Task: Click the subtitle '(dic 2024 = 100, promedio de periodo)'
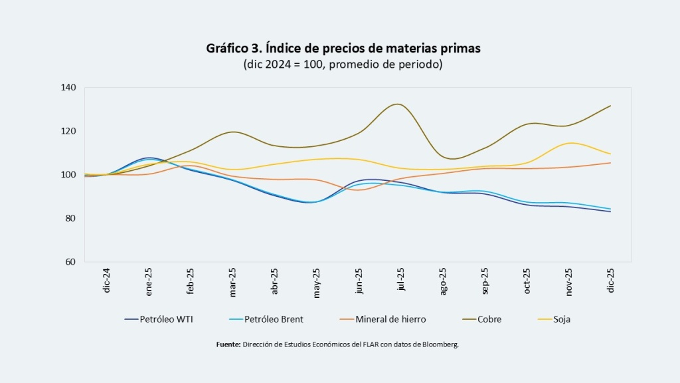pos(343,64)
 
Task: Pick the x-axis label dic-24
pos(106,281)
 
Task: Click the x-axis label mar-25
pos(232,281)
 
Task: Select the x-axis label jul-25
pos(400,281)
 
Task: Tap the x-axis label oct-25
pos(527,281)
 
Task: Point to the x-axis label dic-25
pos(611,281)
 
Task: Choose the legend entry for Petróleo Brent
pos(273,319)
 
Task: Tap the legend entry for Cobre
pos(488,319)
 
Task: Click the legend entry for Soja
pos(561,319)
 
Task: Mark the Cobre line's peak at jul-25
pos(397,104)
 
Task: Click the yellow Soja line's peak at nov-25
pos(569,143)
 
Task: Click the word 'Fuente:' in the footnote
pos(229,344)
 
